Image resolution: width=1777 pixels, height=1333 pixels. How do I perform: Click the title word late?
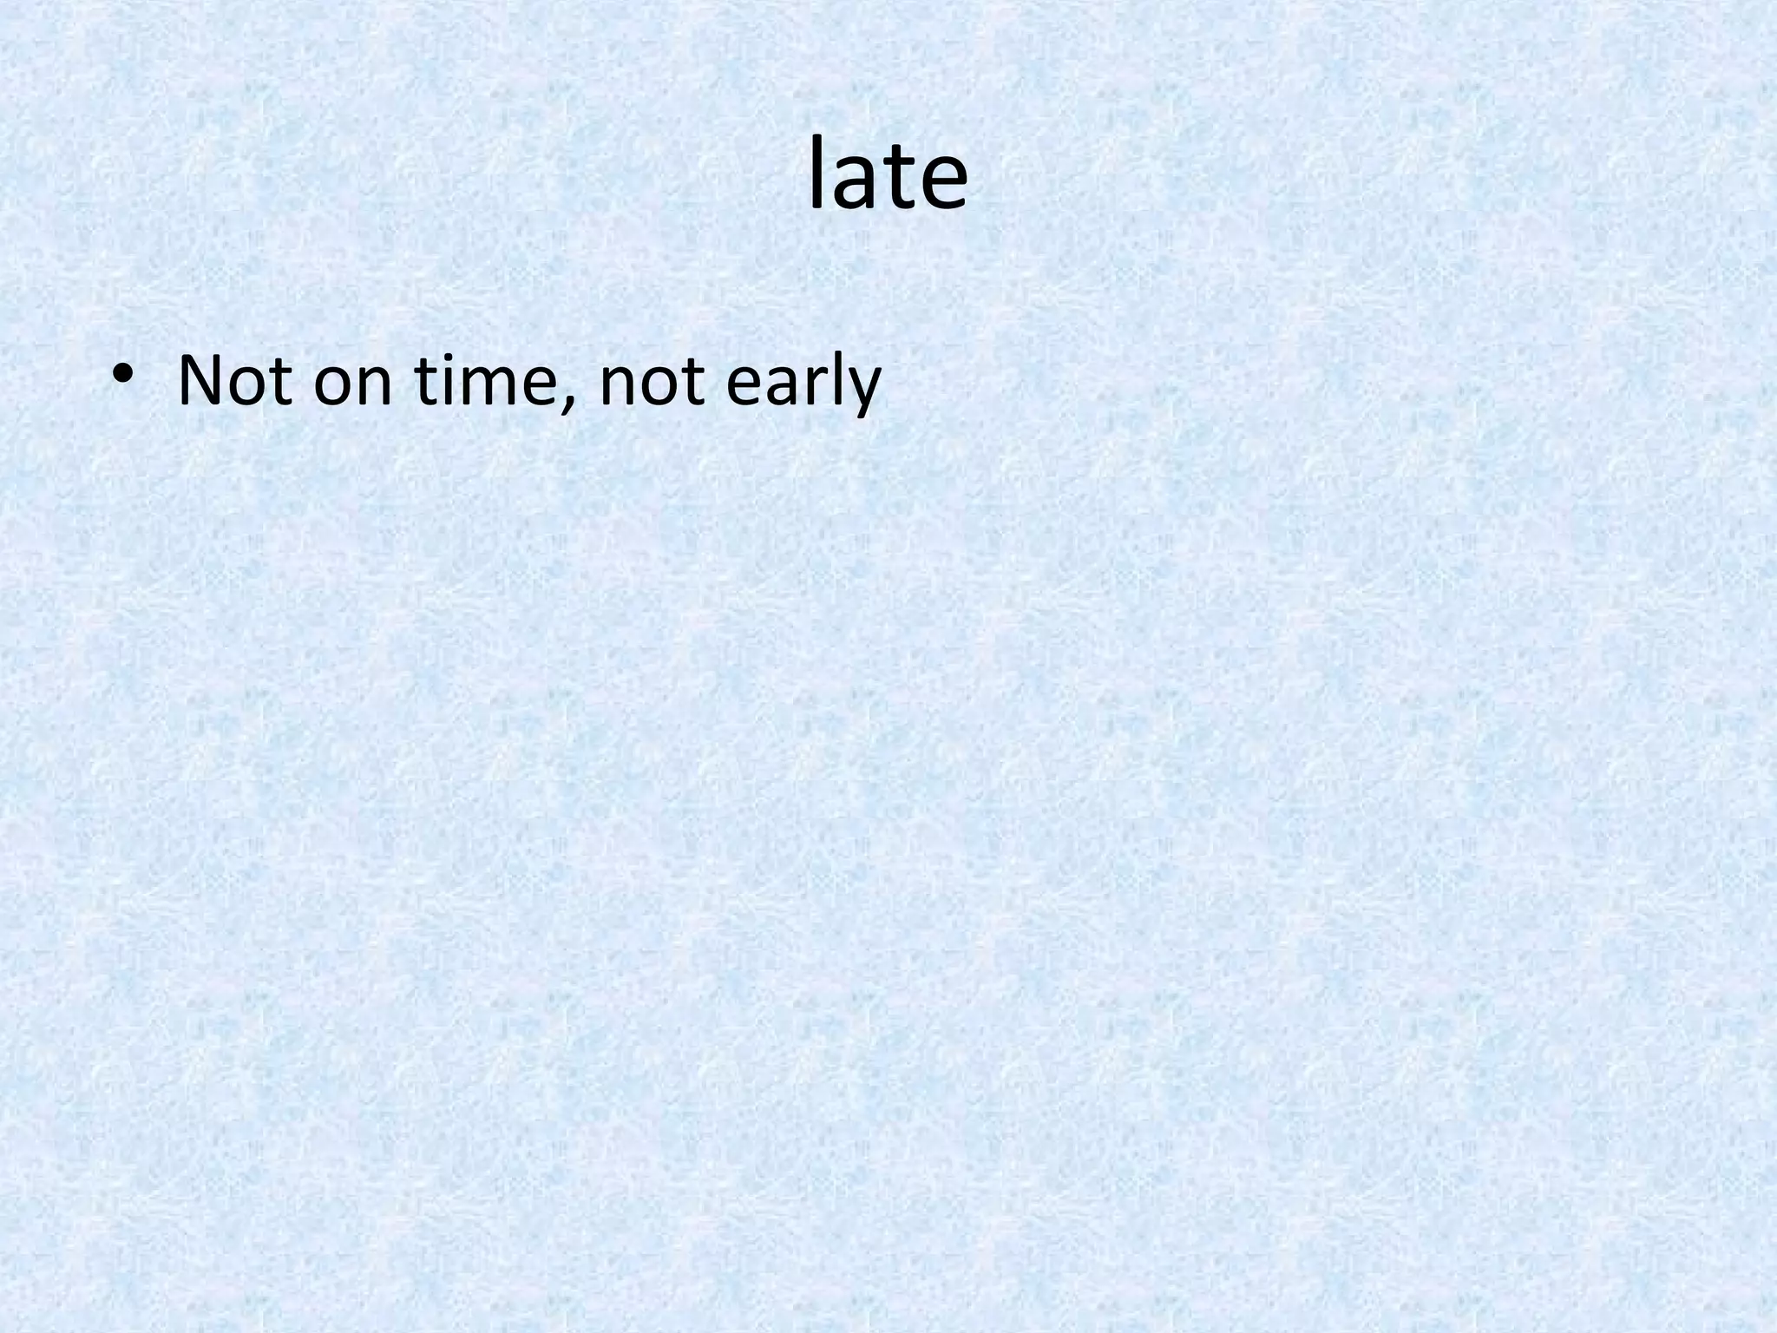tap(888, 177)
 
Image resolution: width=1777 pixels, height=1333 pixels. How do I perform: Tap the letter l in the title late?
tap(816, 174)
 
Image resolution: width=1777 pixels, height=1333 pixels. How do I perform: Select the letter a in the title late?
tap(853, 184)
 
